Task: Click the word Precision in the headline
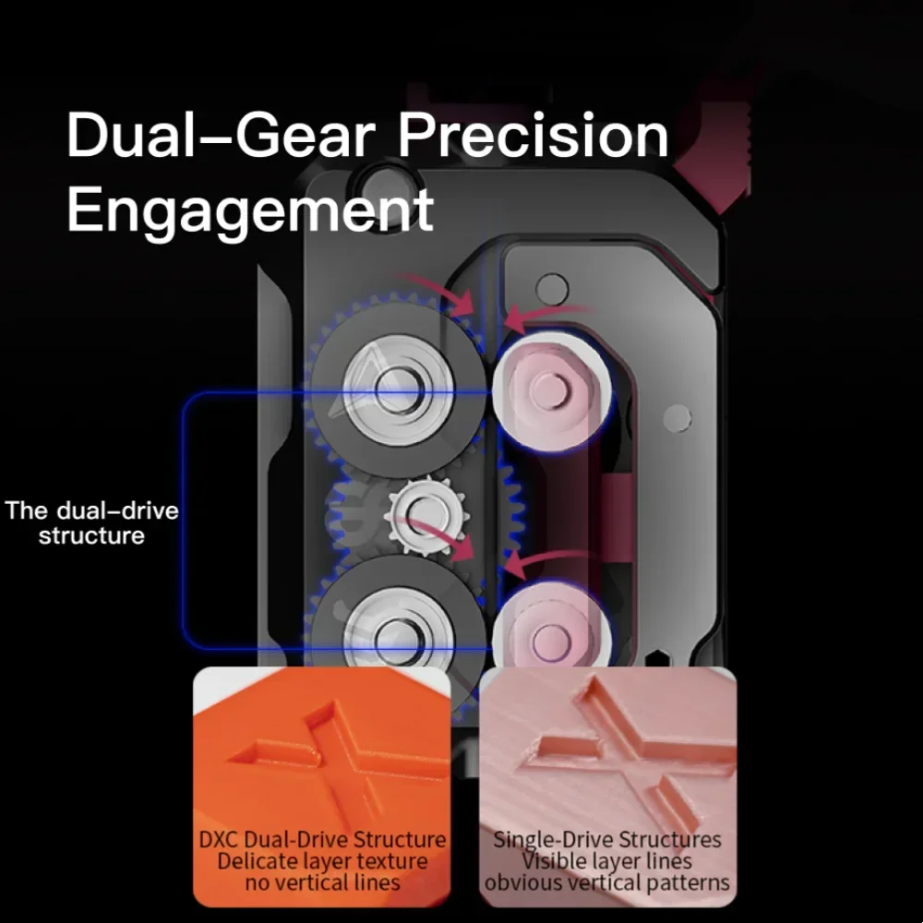click(533, 135)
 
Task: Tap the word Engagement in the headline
click(250, 210)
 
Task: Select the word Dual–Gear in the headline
click(221, 135)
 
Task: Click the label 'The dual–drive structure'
click(91, 523)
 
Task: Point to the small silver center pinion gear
click(426, 515)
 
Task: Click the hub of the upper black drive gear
click(398, 390)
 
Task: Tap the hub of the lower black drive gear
click(398, 638)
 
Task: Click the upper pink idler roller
click(550, 390)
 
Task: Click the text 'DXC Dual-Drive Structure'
click(322, 839)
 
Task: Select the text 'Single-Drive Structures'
click(607, 839)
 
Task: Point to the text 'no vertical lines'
click(322, 882)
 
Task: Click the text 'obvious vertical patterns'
click(607, 882)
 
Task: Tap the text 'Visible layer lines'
click(607, 861)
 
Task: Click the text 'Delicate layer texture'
click(322, 861)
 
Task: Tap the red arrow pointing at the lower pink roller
click(545, 562)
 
